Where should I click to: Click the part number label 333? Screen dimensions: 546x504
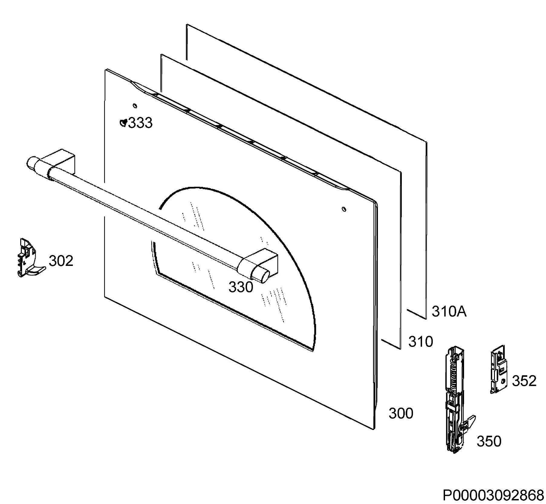pyautogui.click(x=140, y=123)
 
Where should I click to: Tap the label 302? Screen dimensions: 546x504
pyautogui.click(x=61, y=261)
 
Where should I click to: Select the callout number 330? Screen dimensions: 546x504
pyautogui.click(x=241, y=287)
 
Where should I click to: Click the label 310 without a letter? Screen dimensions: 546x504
pyautogui.click(x=421, y=341)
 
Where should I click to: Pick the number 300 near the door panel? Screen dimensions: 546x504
pyautogui.click(x=401, y=413)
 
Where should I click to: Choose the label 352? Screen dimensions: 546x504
pyautogui.click(x=524, y=381)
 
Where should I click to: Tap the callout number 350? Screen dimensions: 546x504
pyautogui.click(x=489, y=441)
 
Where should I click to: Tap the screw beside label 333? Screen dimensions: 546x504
pyautogui.click(x=123, y=122)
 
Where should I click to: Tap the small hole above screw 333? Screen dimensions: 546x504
pyautogui.click(x=135, y=105)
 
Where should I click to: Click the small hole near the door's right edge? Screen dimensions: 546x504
pyautogui.click(x=344, y=209)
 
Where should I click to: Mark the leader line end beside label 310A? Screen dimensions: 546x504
pyautogui.click(x=407, y=309)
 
